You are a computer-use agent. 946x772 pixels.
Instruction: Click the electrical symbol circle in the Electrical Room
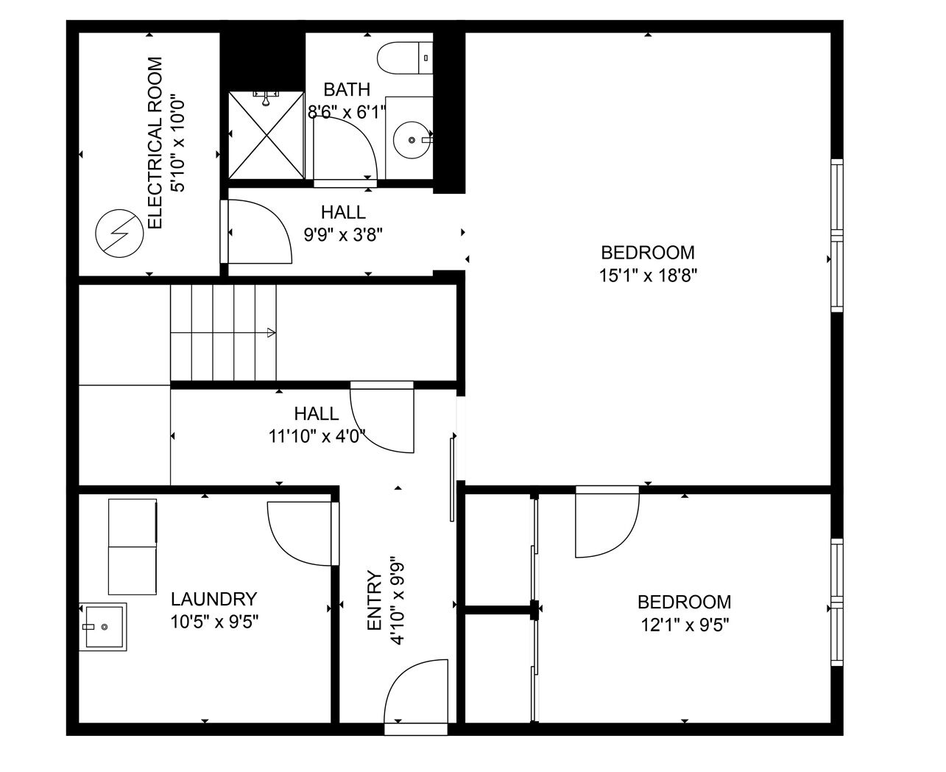(119, 233)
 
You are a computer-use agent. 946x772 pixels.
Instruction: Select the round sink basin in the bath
(412, 139)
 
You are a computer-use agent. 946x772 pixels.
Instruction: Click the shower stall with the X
(266, 135)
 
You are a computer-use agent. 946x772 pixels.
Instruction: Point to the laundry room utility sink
(103, 627)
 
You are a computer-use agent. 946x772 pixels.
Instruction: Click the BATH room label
(347, 90)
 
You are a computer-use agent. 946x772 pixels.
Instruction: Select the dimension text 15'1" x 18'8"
(648, 276)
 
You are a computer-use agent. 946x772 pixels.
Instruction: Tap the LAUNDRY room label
(214, 599)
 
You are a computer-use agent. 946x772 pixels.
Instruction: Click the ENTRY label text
(374, 600)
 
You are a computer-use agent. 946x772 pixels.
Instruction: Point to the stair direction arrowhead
(271, 332)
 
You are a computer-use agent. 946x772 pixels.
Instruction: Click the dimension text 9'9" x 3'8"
(343, 234)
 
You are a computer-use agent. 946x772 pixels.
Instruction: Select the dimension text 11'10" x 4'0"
(317, 436)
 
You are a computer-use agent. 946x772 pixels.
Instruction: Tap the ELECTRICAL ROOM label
(155, 143)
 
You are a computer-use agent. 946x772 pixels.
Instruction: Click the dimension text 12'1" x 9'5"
(685, 625)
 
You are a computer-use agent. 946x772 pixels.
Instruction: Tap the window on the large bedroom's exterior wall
(837, 236)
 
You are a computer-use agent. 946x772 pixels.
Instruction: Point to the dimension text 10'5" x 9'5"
(214, 622)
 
